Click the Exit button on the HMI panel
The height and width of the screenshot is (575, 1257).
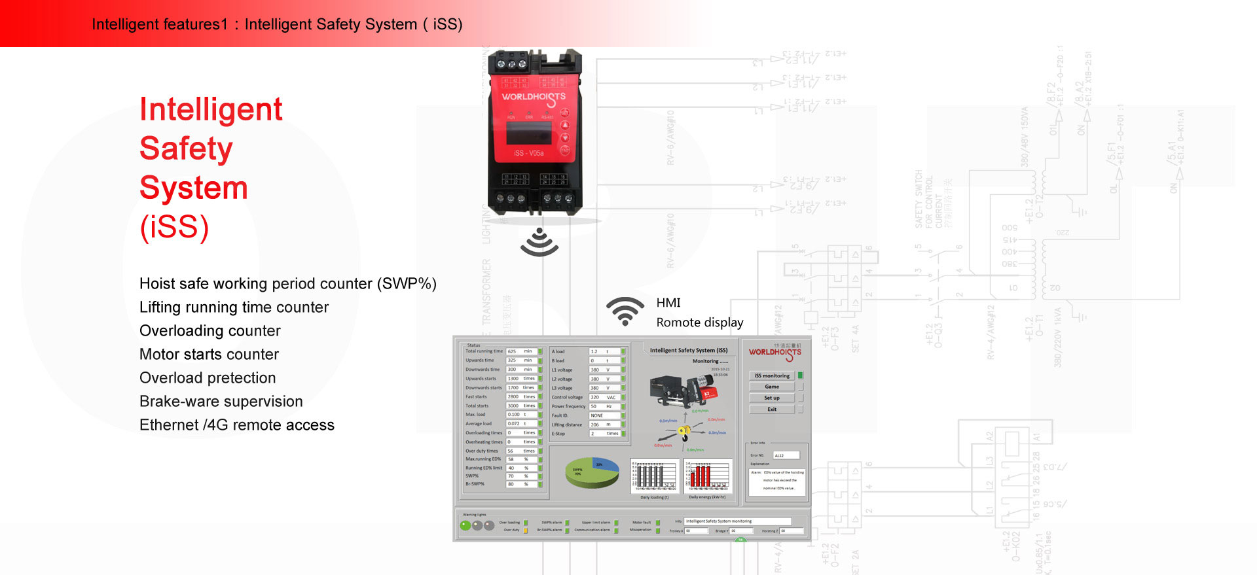pyautogui.click(x=772, y=409)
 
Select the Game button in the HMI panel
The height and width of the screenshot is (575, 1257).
pyautogui.click(x=772, y=387)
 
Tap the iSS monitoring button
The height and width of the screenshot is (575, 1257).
pyautogui.click(x=772, y=375)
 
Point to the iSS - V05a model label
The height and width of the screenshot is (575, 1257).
pyautogui.click(x=529, y=153)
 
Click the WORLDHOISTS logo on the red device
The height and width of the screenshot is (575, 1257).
pyautogui.click(x=534, y=97)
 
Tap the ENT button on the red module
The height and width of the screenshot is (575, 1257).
pyautogui.click(x=564, y=150)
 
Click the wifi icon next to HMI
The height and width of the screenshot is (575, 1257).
pyautogui.click(x=625, y=311)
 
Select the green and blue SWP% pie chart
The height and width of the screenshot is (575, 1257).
pyautogui.click(x=592, y=472)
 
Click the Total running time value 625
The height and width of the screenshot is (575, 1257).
pyautogui.click(x=513, y=351)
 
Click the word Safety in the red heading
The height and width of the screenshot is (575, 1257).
pyautogui.click(x=186, y=148)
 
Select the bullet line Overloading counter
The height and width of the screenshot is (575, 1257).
pyautogui.click(x=209, y=331)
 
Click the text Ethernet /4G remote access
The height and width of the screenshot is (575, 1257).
pyautogui.click(x=236, y=425)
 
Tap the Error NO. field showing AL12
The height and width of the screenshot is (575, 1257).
pyautogui.click(x=786, y=455)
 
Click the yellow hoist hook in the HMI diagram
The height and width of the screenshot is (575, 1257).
pyautogui.click(x=683, y=430)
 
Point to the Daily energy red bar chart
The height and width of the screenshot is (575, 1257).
pyautogui.click(x=708, y=476)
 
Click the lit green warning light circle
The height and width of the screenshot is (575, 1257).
pyautogui.click(x=465, y=525)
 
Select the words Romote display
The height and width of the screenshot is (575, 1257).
pyautogui.click(x=699, y=322)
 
